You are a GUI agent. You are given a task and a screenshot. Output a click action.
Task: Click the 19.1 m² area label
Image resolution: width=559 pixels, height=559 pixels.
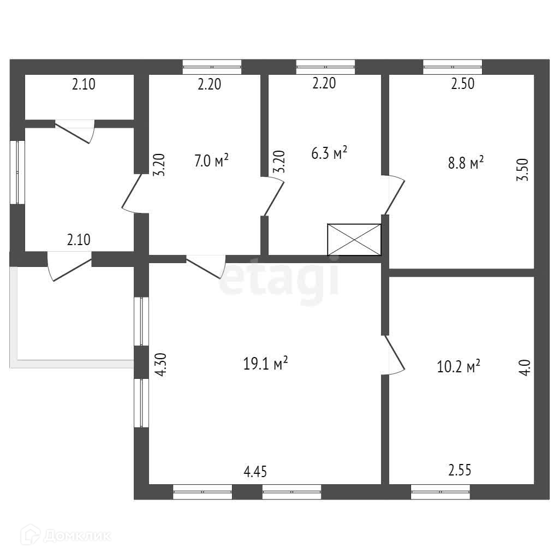click(265, 364)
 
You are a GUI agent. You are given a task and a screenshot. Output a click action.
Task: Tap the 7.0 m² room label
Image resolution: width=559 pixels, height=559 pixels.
click(211, 161)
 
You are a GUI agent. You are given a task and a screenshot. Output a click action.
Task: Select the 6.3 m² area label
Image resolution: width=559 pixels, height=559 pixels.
click(329, 153)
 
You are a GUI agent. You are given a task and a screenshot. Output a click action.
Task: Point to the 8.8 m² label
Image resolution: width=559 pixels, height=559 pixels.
click(466, 163)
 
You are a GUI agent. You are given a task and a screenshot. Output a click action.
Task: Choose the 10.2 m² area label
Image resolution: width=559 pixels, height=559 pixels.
click(459, 366)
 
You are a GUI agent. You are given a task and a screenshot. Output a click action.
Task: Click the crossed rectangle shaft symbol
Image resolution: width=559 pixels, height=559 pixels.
click(354, 239)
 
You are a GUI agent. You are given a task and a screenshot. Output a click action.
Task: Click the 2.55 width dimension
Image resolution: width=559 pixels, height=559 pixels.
click(460, 469)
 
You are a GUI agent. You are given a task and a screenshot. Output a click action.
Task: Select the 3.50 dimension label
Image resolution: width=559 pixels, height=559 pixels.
click(523, 173)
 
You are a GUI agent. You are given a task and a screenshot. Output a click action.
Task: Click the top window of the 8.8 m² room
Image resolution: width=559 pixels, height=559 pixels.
click(453, 67)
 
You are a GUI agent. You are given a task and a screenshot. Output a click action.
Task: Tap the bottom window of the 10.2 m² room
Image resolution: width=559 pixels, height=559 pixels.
click(441, 492)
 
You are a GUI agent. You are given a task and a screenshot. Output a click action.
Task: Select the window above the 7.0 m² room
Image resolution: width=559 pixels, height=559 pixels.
click(212, 67)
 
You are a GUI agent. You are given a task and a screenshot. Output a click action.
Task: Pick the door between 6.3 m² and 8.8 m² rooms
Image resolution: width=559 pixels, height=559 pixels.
click(394, 194)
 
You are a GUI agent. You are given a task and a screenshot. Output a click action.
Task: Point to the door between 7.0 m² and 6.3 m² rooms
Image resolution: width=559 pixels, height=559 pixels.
click(273, 197)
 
